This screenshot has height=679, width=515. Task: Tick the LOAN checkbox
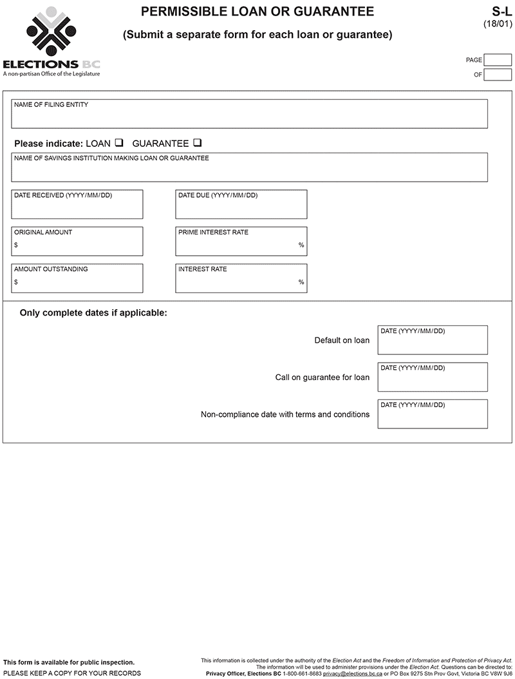click(x=118, y=143)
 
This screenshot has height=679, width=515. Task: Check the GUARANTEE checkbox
click(x=197, y=143)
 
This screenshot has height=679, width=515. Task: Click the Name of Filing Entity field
click(x=249, y=114)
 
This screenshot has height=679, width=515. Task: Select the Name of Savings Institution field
click(x=249, y=167)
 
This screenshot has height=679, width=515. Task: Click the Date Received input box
click(x=77, y=205)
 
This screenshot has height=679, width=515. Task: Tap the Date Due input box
click(x=241, y=205)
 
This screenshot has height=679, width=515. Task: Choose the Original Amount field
click(x=77, y=242)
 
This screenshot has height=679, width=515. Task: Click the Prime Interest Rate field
click(x=241, y=242)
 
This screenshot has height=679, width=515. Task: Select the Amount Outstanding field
click(x=77, y=278)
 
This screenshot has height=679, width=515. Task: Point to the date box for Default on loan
click(x=432, y=340)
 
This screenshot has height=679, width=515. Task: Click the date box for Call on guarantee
click(x=432, y=377)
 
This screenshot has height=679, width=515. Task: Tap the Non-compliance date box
click(x=432, y=414)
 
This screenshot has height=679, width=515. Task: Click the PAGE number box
click(x=498, y=60)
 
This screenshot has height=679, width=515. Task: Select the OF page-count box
click(x=498, y=75)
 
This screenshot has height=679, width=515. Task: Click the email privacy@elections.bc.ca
click(x=352, y=674)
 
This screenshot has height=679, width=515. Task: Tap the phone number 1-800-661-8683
click(x=302, y=674)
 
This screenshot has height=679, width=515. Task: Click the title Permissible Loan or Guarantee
click(x=257, y=12)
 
